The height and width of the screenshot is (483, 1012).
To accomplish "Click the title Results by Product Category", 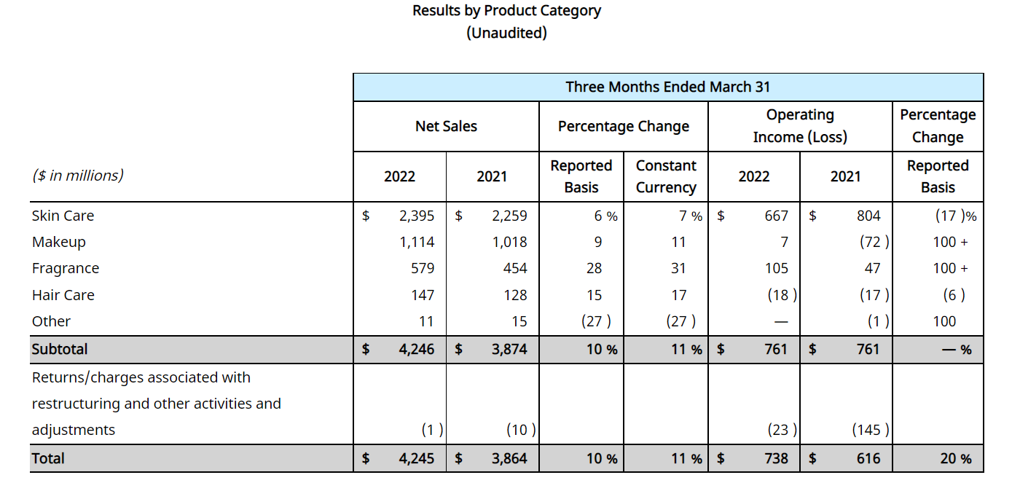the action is point(506,11).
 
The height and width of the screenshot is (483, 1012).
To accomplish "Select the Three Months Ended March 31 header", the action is point(667,87).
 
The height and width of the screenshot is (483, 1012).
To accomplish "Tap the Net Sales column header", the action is point(446,126).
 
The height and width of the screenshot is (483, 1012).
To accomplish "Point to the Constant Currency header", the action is point(666,176).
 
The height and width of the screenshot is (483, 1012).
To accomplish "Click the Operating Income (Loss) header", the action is point(800,126).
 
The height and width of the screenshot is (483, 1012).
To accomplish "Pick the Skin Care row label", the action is point(63,216).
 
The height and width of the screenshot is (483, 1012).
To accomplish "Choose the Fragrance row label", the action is point(66,268).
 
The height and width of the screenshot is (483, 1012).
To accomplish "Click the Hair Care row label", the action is point(63,295).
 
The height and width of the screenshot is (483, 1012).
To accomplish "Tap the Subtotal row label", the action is point(60,349).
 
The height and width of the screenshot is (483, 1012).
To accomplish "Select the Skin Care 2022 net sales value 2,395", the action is point(417,216).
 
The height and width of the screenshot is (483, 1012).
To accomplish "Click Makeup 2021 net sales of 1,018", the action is point(509,242).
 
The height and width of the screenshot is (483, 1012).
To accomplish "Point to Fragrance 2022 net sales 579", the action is point(423,268).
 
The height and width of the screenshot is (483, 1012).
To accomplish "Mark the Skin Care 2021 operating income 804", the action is point(868,216).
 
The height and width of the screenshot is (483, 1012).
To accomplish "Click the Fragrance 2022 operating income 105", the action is point(777,268).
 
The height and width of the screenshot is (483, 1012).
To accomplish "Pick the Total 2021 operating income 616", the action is point(868,459).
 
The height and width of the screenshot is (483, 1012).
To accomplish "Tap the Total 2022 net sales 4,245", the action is point(417,459).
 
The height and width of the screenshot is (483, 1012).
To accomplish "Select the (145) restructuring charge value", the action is point(871,430).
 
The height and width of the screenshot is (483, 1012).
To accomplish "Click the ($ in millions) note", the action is point(78,176).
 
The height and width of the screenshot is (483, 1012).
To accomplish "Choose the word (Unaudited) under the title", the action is point(506,33).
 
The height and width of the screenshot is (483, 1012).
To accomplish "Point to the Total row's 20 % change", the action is point(956,459).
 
